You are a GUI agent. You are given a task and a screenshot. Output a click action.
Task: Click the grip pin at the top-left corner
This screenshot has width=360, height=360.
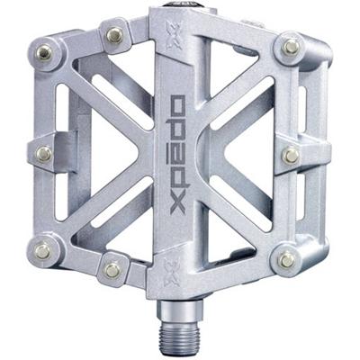[42, 54]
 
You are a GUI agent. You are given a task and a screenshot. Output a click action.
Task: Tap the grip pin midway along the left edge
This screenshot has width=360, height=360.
[42, 154]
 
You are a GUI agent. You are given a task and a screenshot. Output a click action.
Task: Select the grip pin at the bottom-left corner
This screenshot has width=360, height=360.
[42, 253]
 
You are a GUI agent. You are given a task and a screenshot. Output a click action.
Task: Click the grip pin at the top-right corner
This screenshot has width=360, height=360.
[291, 46]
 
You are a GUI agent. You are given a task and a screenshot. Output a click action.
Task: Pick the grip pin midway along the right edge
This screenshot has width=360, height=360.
[290, 155]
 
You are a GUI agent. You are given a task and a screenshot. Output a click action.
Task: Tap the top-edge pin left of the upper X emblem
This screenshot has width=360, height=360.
[113, 35]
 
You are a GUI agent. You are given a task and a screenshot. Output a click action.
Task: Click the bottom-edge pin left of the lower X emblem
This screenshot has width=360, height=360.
[112, 269]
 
